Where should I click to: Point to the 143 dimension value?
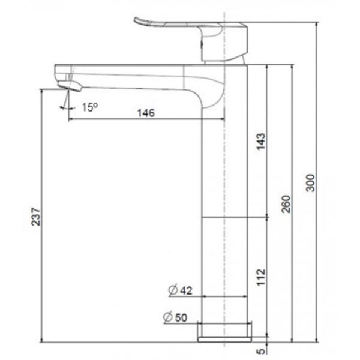(260, 141)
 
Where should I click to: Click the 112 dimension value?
(260, 276)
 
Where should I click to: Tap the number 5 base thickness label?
(260, 352)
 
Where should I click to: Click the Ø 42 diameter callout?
(179, 290)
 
